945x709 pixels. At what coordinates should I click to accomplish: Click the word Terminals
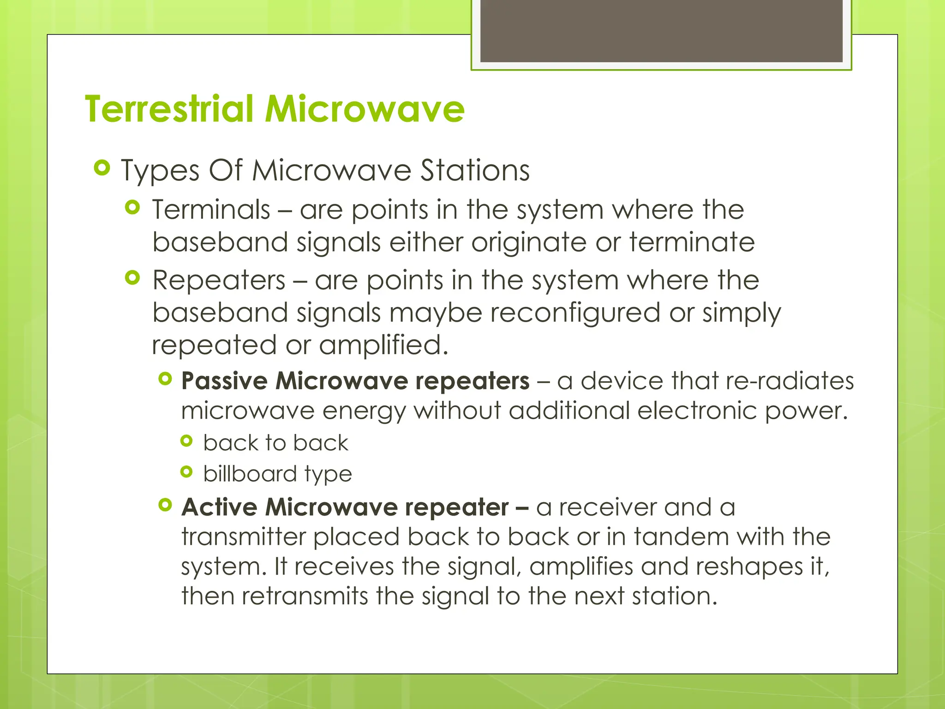211,210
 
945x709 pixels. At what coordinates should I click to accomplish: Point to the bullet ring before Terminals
132,208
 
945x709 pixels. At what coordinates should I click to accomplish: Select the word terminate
692,242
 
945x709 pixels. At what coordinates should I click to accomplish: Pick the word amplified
383,345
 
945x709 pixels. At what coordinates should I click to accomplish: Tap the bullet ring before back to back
186,441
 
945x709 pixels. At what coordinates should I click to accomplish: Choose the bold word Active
219,507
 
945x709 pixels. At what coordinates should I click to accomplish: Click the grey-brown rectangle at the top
661,30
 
